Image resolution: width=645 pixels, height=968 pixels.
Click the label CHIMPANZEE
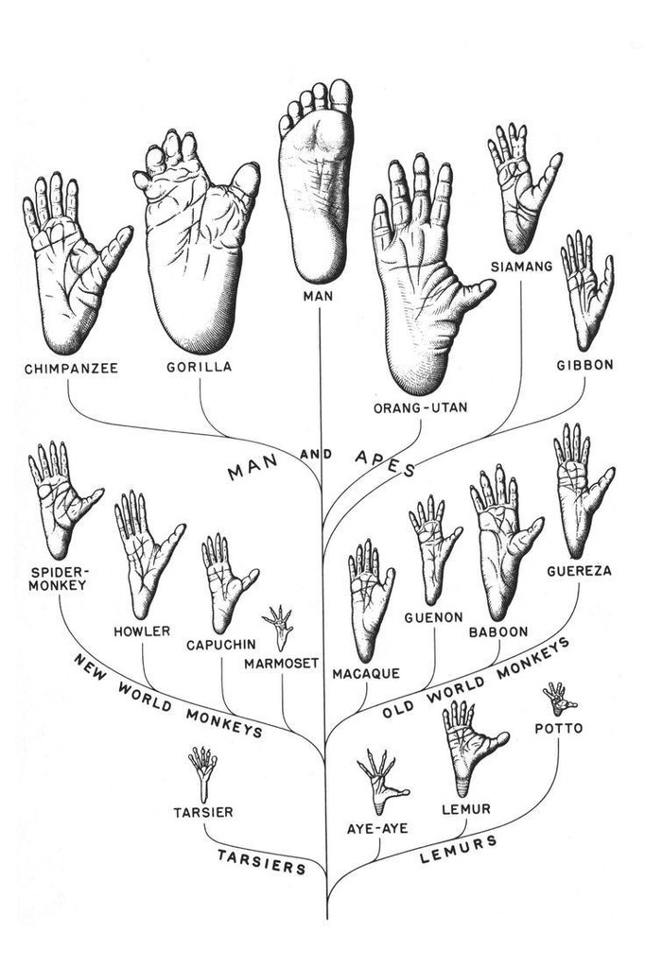pos(71,369)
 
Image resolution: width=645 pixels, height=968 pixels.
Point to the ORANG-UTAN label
pos(420,408)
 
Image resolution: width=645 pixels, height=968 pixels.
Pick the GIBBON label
pos(585,365)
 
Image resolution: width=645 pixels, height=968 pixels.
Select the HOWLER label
pos(142,631)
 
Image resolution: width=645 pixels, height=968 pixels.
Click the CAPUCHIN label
pos(221,645)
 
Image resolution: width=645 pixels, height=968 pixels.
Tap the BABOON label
pos(498,632)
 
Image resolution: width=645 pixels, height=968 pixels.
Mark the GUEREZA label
pos(579,571)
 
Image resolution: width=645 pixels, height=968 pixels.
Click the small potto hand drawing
pos(559,699)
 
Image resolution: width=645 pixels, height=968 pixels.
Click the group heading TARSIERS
pos(262,862)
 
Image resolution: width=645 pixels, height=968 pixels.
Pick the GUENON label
pos(434,617)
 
